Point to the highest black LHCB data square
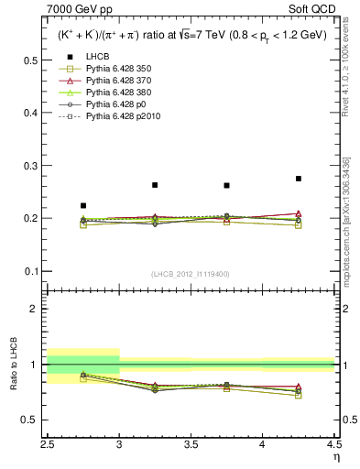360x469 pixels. point(299,179)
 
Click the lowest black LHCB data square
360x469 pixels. point(83,206)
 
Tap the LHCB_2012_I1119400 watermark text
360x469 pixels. point(191,274)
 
